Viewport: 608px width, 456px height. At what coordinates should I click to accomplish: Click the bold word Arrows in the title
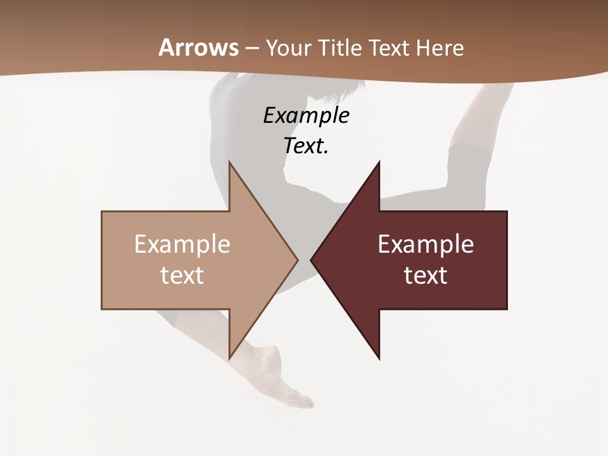[x=199, y=47]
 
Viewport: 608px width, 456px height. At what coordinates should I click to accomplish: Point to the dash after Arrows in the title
[x=252, y=48]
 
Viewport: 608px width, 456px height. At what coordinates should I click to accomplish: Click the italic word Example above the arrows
[x=306, y=115]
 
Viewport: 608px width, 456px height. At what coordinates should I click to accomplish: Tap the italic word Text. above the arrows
[x=306, y=146]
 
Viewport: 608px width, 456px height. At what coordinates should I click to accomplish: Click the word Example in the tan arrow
[x=182, y=244]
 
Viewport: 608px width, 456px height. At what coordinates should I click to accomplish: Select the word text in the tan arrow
[x=182, y=275]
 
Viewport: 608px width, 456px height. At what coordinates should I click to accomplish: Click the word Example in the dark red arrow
[x=426, y=244]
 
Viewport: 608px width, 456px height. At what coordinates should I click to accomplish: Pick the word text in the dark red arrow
[x=426, y=275]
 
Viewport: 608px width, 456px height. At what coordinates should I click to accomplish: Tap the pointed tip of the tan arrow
[x=297, y=260]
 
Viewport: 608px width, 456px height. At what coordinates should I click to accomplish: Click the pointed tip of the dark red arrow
[x=312, y=260]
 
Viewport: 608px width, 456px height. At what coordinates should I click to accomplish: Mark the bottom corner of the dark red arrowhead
[x=379, y=358]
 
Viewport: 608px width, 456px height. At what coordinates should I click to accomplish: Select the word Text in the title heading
[x=390, y=47]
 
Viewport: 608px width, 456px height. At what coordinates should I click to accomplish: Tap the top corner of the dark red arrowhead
[x=379, y=162]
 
